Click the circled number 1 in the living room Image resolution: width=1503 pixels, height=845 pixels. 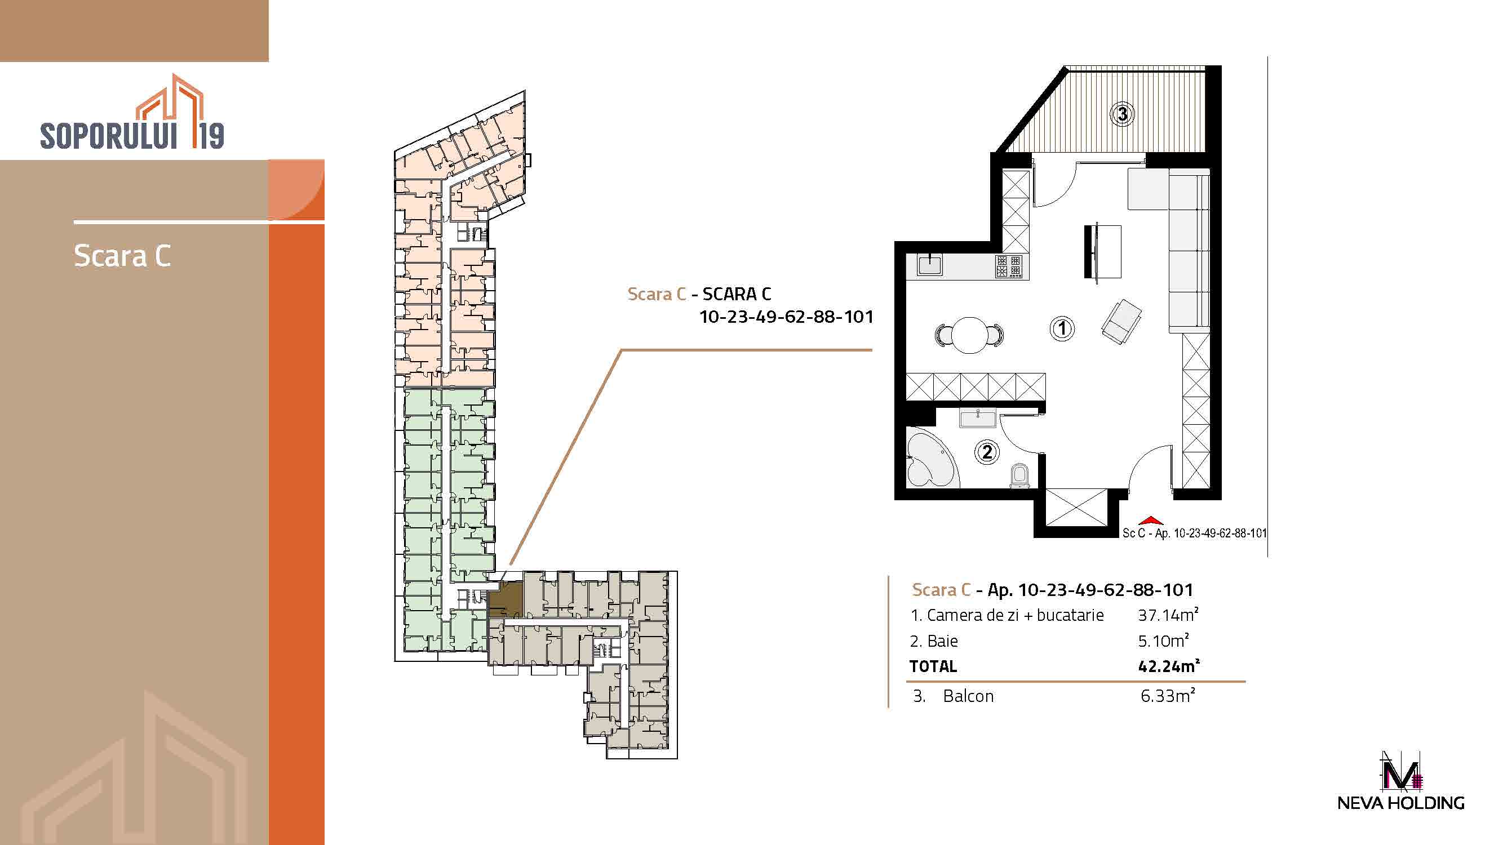click(1062, 328)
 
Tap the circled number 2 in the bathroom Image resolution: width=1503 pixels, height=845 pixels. click(987, 452)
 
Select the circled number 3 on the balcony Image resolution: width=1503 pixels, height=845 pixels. click(1123, 114)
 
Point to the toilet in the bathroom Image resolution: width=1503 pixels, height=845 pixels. click(1019, 476)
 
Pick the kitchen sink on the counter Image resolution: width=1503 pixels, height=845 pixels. click(930, 265)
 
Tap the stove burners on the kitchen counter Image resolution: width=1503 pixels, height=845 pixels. click(1009, 266)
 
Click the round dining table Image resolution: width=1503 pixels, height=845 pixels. click(969, 335)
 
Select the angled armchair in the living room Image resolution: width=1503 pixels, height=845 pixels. click(1121, 321)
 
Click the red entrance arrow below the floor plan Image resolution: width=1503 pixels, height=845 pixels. click(1151, 520)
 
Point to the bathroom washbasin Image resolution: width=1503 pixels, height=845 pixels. click(978, 418)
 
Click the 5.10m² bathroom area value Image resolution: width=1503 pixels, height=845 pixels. click(1163, 641)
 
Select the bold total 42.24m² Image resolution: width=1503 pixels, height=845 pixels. click(1169, 666)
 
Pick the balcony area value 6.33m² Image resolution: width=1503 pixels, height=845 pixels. click(1168, 696)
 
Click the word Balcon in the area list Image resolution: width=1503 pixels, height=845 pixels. click(968, 696)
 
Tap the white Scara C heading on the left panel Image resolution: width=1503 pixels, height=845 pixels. click(122, 256)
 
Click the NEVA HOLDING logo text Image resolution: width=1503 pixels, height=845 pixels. click(1400, 803)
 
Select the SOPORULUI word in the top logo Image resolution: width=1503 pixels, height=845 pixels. click(109, 136)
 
